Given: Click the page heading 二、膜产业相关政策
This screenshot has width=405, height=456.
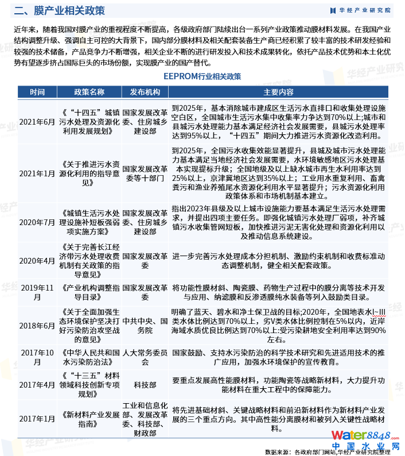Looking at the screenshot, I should click(x=60, y=10).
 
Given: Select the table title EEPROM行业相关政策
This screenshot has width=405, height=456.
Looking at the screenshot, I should click(x=202, y=76).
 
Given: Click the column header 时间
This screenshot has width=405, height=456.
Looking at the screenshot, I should click(x=37, y=92).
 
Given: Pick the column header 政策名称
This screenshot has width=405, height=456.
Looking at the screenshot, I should click(x=89, y=92).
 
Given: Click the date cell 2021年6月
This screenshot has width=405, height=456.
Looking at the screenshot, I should click(x=37, y=122).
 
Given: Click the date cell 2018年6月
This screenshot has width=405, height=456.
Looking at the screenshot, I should click(x=37, y=325).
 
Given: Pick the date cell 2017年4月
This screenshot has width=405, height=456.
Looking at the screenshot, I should click(x=37, y=384).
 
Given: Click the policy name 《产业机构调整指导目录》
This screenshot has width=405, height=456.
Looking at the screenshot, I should click(x=89, y=292).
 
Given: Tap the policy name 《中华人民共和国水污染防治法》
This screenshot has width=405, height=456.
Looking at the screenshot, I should click(x=89, y=357).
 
